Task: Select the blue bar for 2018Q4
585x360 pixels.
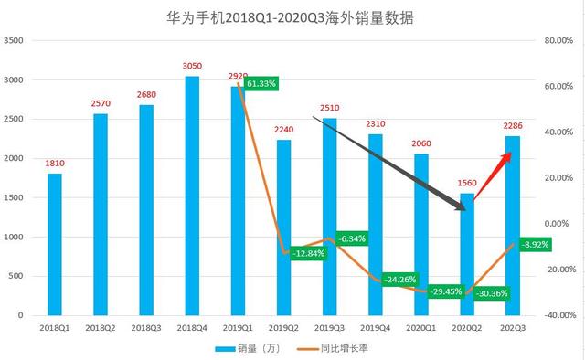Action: click(x=192, y=196)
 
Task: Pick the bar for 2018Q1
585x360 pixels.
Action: click(x=55, y=244)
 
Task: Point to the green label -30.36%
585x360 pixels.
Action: click(x=490, y=293)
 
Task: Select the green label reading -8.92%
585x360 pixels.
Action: click(x=535, y=245)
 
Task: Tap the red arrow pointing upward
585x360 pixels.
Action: click(x=498, y=170)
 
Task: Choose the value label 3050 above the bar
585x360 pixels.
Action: click(x=192, y=67)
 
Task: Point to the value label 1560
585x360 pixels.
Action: click(x=467, y=183)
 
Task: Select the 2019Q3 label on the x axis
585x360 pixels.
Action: click(x=329, y=326)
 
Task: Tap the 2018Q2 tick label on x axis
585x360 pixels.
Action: click(x=101, y=326)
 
